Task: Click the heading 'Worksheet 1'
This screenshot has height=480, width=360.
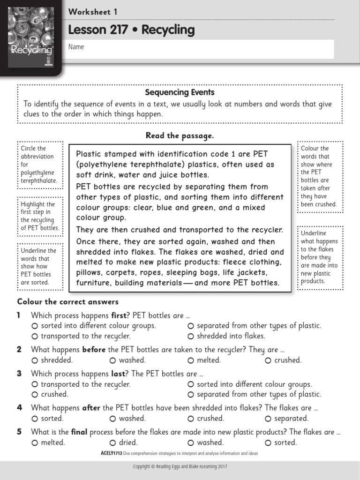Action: click(x=93, y=12)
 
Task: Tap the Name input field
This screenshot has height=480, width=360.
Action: click(x=201, y=49)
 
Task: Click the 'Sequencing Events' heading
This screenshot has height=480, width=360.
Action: click(x=180, y=92)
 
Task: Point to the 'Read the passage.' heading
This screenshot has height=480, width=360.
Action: click(x=180, y=135)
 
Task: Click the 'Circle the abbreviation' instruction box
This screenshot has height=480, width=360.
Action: click(x=39, y=165)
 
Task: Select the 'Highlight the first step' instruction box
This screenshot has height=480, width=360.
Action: click(x=39, y=216)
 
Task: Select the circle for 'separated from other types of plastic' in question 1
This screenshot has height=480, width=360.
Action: click(x=191, y=326)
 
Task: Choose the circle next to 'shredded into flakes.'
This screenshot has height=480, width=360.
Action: click(x=191, y=336)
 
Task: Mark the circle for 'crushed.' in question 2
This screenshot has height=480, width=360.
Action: click(x=268, y=360)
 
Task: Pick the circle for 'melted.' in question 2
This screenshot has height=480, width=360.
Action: click(x=191, y=360)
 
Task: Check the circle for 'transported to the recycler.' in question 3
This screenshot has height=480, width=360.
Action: click(x=35, y=384)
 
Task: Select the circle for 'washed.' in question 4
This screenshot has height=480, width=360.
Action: click(x=113, y=419)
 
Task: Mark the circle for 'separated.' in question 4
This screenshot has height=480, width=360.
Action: click(x=268, y=419)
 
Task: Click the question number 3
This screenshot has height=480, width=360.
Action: click(x=19, y=374)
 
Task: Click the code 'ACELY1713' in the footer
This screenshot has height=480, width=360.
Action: click(x=112, y=454)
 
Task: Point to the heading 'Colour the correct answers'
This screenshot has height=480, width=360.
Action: click(x=68, y=301)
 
